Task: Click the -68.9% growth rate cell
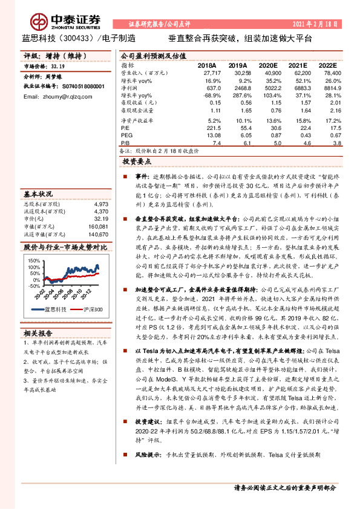pos(209,96)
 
